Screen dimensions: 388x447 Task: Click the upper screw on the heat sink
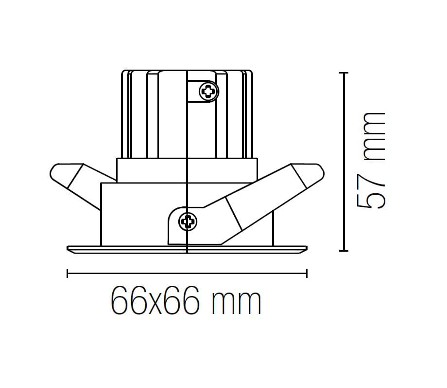pyautogui.click(x=209, y=91)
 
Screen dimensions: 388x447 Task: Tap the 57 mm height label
pyautogui.click(x=372, y=160)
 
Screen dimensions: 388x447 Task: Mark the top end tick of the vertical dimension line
pyautogui.click(x=344, y=73)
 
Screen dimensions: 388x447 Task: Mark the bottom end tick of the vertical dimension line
pyautogui.click(x=344, y=250)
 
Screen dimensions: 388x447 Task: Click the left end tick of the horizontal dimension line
pyautogui.click(x=67, y=274)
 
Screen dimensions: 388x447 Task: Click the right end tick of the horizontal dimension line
pyautogui.click(x=307, y=274)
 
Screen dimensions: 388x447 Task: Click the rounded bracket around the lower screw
pyautogui.click(x=175, y=229)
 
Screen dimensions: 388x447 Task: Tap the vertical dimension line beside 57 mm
pyautogui.click(x=344, y=161)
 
